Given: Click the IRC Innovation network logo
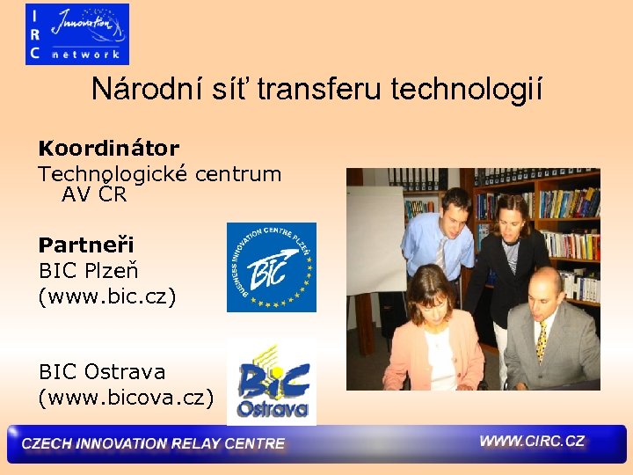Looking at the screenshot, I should click(77, 34).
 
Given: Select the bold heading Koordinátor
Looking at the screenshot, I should click(108, 148).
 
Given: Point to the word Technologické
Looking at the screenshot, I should click(114, 173).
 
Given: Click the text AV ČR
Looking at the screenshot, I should click(94, 194).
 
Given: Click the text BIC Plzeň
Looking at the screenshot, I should click(89, 271).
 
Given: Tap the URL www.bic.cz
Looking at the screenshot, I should click(107, 297).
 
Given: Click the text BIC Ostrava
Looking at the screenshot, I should click(102, 372).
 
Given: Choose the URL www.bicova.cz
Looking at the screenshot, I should click(126, 398).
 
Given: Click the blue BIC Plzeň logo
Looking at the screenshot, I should click(271, 267).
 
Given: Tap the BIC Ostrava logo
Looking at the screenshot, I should click(271, 382).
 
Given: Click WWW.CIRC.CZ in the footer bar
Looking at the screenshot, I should click(532, 441).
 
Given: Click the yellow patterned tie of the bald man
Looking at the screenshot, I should click(542, 341).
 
